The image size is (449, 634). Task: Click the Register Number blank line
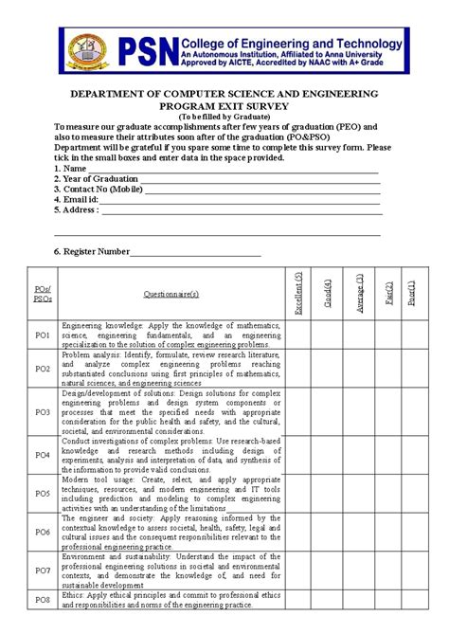point(195,252)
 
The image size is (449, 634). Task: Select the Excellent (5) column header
point(298,293)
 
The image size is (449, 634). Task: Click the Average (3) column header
point(358,293)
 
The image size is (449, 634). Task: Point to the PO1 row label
point(43,335)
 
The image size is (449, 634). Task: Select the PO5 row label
point(43,494)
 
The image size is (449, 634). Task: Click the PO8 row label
point(43,600)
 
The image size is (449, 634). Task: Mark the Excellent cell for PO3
point(298,411)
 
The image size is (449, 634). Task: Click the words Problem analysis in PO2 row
point(90,354)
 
